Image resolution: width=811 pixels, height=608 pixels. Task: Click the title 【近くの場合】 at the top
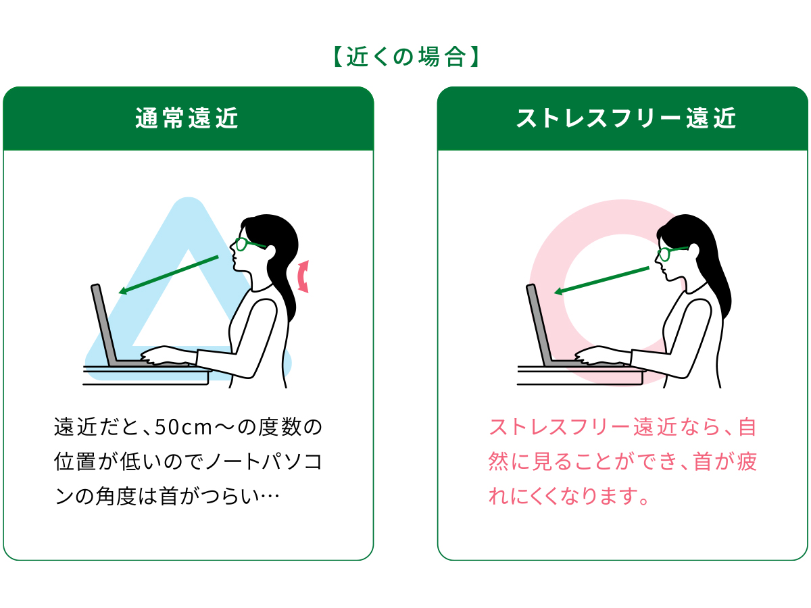[x=405, y=57]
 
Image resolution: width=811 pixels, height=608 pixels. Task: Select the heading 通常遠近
[x=187, y=118]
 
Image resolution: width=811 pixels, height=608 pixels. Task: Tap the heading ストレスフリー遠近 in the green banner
[x=626, y=118]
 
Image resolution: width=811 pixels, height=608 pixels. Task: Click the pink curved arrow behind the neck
[x=303, y=276]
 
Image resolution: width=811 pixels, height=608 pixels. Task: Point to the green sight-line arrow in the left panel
[x=168, y=275]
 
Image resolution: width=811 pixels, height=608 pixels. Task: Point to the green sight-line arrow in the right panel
[x=601, y=281]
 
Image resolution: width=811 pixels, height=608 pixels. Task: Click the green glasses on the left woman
[x=250, y=244]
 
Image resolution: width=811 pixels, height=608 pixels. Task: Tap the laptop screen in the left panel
[x=104, y=324]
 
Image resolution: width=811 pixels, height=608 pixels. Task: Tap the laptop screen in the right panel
[x=539, y=324]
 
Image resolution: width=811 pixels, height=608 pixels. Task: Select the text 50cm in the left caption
[x=183, y=428]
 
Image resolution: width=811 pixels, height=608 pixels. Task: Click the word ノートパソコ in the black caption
[x=264, y=462]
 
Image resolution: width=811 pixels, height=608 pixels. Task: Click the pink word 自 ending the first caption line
[x=747, y=427]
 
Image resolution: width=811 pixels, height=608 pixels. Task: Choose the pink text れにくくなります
[x=564, y=496]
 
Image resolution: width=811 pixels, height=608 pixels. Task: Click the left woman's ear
[x=270, y=251]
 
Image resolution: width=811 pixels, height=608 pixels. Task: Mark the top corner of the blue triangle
[x=189, y=199]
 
